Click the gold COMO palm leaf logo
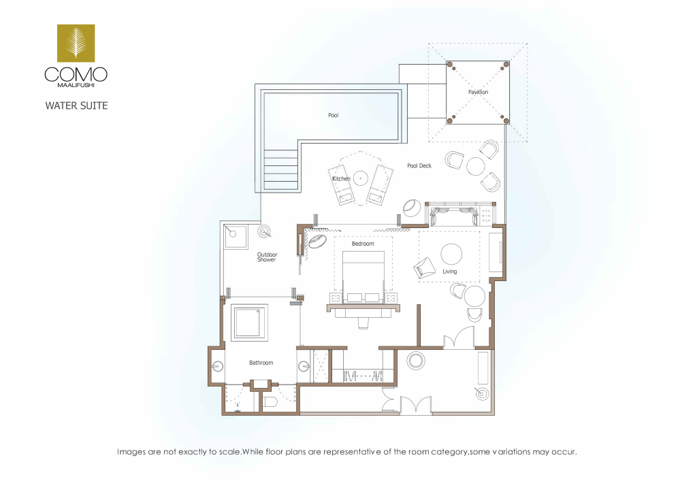[76, 43]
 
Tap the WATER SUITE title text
[76, 105]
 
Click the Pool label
[334, 115]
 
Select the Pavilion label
[479, 92]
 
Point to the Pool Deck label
[419, 166]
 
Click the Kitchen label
[342, 179]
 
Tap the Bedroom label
[363, 244]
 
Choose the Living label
[449, 272]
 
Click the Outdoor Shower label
[267, 257]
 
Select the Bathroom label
[261, 363]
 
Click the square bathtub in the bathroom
[249, 323]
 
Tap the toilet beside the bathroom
[270, 403]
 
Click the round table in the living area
[451, 255]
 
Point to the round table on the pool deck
[476, 167]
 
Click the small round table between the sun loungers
[361, 179]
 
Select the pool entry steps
[281, 169]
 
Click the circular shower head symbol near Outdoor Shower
[265, 231]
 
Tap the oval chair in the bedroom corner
[319, 242]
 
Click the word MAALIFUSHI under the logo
[76, 85]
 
